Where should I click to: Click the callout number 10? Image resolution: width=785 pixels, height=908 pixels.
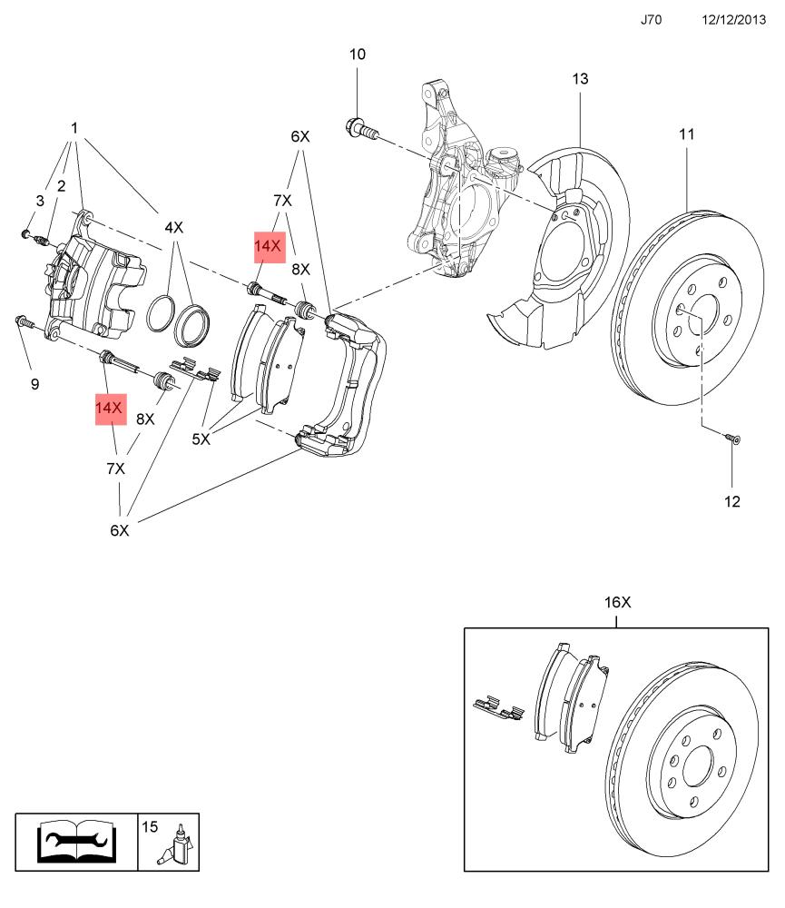(x=358, y=54)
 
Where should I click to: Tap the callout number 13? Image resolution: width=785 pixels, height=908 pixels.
(x=580, y=79)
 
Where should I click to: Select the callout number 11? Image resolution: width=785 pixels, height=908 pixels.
(x=687, y=134)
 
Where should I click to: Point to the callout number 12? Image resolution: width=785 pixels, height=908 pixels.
(x=732, y=501)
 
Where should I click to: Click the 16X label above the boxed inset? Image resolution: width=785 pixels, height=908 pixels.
(x=618, y=602)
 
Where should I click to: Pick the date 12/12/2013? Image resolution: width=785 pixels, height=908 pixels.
(x=733, y=20)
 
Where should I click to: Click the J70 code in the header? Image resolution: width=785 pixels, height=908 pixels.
(x=651, y=20)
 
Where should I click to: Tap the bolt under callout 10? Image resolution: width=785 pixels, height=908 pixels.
(x=361, y=129)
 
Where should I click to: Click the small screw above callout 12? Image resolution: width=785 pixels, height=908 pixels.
(x=732, y=438)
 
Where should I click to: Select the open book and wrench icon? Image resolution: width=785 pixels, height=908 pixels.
(x=76, y=842)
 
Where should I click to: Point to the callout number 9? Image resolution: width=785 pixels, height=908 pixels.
(x=34, y=384)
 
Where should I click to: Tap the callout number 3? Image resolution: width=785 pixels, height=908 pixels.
(x=39, y=201)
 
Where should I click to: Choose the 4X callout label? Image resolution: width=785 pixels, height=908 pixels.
(x=173, y=228)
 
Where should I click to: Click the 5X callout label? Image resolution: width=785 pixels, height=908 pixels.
(x=201, y=439)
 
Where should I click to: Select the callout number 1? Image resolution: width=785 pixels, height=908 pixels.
(x=74, y=128)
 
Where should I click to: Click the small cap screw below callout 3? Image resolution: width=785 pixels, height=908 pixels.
(x=25, y=233)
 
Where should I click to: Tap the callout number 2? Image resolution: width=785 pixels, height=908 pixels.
(x=62, y=186)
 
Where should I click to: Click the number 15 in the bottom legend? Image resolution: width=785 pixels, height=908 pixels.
(x=150, y=827)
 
